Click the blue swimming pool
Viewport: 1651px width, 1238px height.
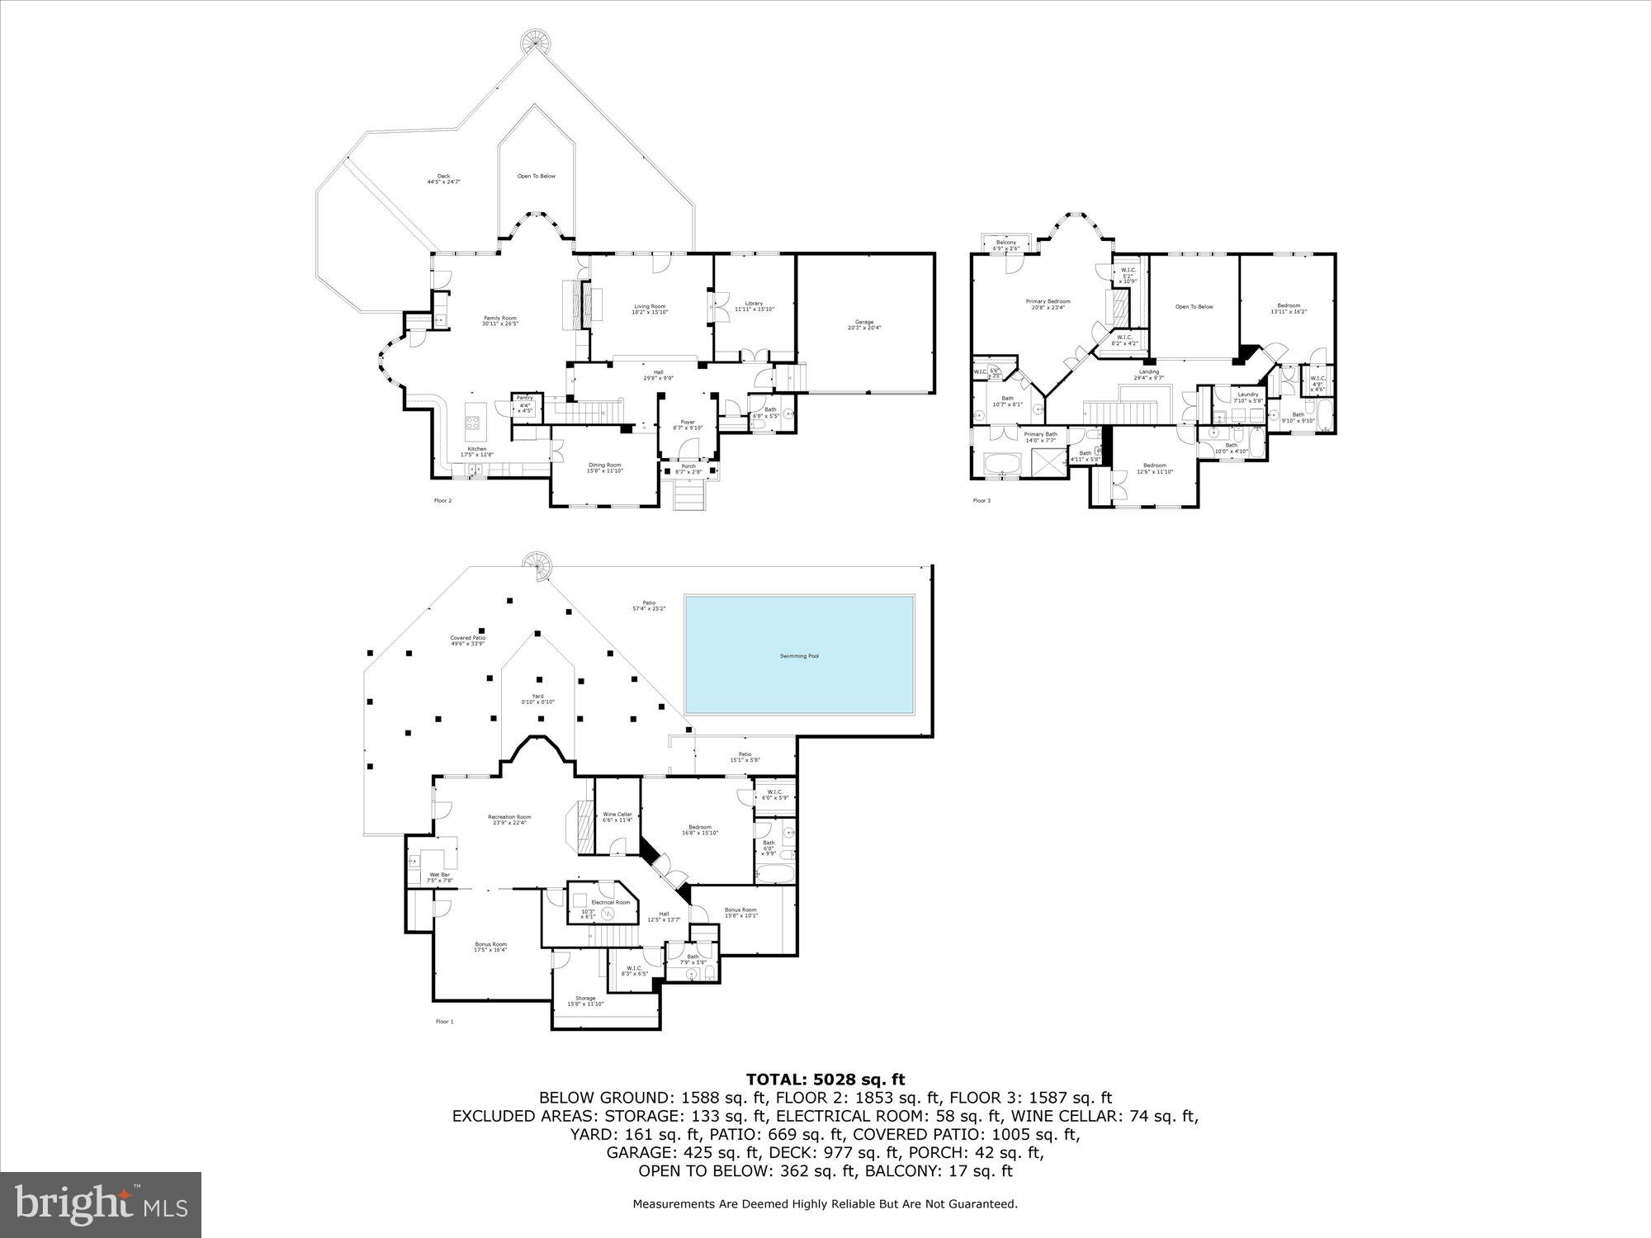pyautogui.click(x=799, y=655)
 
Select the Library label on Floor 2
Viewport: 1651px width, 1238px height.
pyautogui.click(x=754, y=304)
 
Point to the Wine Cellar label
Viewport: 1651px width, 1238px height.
pyautogui.click(x=617, y=814)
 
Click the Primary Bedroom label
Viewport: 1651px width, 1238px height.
pyautogui.click(x=1048, y=301)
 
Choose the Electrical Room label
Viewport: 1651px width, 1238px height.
pyautogui.click(x=610, y=902)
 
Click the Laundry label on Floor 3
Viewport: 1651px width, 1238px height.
pyautogui.click(x=1248, y=395)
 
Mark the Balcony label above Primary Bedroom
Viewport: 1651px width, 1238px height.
pyautogui.click(x=1005, y=242)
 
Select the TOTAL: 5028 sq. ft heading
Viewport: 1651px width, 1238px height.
pyautogui.click(x=825, y=1079)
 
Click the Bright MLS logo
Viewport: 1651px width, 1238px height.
pyautogui.click(x=100, y=1204)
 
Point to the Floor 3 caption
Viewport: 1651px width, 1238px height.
pyautogui.click(x=981, y=500)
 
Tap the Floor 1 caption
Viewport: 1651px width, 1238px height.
pyautogui.click(x=444, y=1021)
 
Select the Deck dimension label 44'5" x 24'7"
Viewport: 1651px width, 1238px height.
pyautogui.click(x=443, y=181)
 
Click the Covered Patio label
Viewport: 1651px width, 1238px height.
pyautogui.click(x=467, y=637)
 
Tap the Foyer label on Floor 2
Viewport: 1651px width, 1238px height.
pyautogui.click(x=688, y=422)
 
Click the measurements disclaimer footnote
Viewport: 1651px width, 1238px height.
pyautogui.click(x=825, y=1204)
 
